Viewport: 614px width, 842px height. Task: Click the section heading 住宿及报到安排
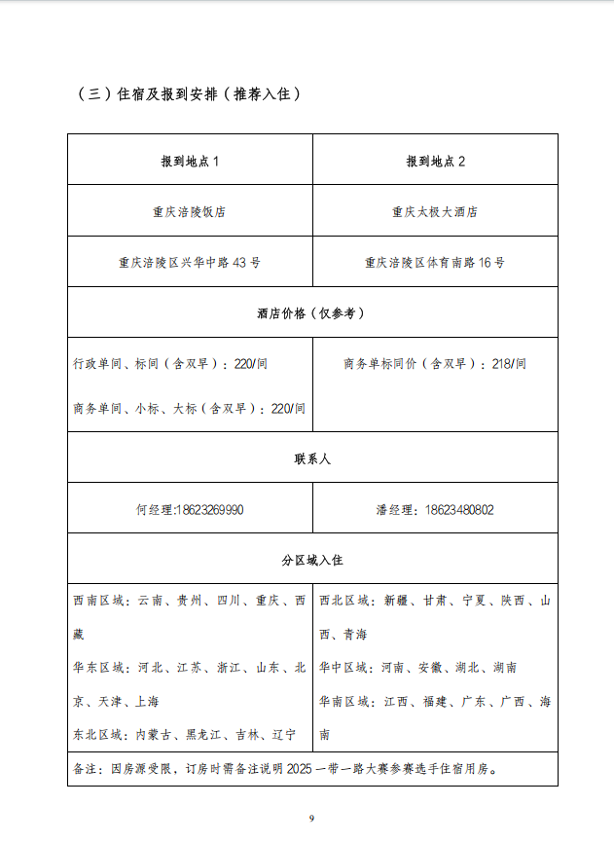pyautogui.click(x=189, y=94)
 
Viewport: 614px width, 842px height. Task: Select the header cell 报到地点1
pyautogui.click(x=190, y=161)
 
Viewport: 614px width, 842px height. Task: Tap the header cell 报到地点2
pyautogui.click(x=435, y=161)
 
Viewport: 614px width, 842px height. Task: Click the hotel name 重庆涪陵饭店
pyautogui.click(x=190, y=211)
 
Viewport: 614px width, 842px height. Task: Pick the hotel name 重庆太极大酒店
pyautogui.click(x=435, y=211)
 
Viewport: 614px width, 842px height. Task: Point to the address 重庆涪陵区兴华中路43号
pyautogui.click(x=190, y=262)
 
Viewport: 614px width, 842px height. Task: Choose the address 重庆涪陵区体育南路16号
pyautogui.click(x=435, y=262)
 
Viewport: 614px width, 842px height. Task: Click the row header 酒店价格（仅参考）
pyautogui.click(x=311, y=313)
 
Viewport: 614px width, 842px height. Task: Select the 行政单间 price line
pyautogui.click(x=170, y=364)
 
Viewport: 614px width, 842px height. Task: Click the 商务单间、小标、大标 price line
pyautogui.click(x=189, y=409)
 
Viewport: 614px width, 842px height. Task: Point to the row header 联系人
pyautogui.click(x=312, y=458)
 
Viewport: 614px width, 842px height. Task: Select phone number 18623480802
pyautogui.click(x=459, y=509)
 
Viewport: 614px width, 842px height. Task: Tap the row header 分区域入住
pyautogui.click(x=312, y=561)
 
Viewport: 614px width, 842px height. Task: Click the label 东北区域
pyautogui.click(x=98, y=734)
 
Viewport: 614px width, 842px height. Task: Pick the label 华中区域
pyautogui.click(x=344, y=668)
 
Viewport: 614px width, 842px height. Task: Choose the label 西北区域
pyautogui.click(x=344, y=602)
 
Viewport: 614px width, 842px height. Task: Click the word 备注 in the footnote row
pyautogui.click(x=86, y=768)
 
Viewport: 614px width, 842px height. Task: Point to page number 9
pyautogui.click(x=311, y=818)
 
